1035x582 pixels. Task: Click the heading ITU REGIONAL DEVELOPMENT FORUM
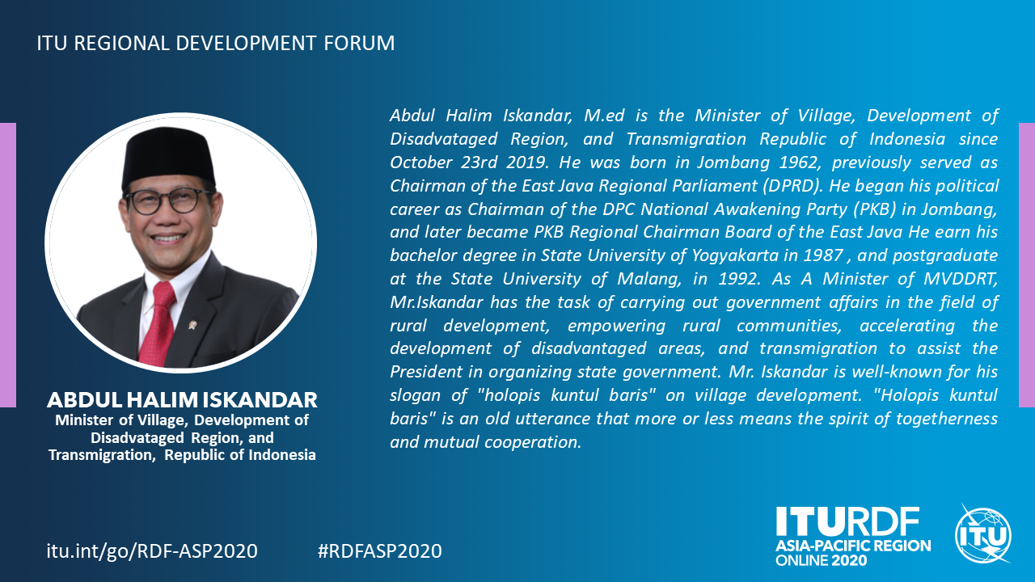(216, 43)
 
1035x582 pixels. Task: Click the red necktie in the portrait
(158, 323)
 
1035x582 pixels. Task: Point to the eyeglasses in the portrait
(169, 201)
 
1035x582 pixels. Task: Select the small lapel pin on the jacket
(192, 325)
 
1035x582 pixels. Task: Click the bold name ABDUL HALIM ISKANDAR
(182, 400)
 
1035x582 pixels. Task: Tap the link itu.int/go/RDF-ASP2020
(152, 551)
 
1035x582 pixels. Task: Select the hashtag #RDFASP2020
(380, 551)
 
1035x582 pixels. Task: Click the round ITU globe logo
(983, 536)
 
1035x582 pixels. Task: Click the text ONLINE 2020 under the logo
(822, 561)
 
